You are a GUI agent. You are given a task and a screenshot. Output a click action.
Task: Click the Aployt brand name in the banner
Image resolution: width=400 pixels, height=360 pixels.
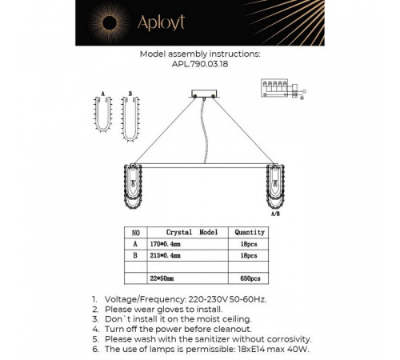click(x=161, y=22)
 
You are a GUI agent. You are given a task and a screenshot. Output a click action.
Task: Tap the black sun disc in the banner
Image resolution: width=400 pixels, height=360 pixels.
click(x=110, y=22)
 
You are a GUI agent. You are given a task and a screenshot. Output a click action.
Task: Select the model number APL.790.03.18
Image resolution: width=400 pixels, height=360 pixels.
click(x=200, y=64)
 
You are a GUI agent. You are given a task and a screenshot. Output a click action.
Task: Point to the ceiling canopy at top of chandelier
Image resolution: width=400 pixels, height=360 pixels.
click(x=204, y=94)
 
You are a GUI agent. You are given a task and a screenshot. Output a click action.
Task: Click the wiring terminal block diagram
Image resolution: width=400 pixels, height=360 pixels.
click(x=282, y=89)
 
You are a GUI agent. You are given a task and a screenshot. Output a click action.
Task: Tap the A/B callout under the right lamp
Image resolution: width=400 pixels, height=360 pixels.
click(x=275, y=214)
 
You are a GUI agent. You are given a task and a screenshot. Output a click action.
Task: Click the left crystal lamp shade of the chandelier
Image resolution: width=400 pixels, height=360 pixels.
click(x=133, y=186)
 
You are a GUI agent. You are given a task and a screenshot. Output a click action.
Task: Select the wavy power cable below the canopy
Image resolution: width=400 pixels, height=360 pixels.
click(x=205, y=130)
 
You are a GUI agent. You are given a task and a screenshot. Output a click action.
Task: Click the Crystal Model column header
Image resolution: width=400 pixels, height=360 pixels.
click(x=192, y=232)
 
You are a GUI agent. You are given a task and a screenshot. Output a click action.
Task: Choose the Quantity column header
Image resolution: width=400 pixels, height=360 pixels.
click(x=250, y=232)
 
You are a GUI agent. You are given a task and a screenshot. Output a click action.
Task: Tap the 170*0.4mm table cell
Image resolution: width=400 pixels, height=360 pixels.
click(x=165, y=244)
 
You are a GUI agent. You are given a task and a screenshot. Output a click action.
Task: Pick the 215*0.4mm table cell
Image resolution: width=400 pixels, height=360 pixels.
click(x=165, y=255)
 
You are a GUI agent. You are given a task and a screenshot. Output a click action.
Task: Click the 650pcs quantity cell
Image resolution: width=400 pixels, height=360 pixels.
click(x=250, y=278)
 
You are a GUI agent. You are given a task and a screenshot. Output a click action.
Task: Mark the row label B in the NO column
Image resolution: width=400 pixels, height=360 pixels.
click(x=135, y=255)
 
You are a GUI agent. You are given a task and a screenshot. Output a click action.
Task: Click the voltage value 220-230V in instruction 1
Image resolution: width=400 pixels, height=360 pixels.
click(x=208, y=299)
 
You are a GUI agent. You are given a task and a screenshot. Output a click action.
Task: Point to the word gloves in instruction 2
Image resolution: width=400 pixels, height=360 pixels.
click(x=170, y=310)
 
